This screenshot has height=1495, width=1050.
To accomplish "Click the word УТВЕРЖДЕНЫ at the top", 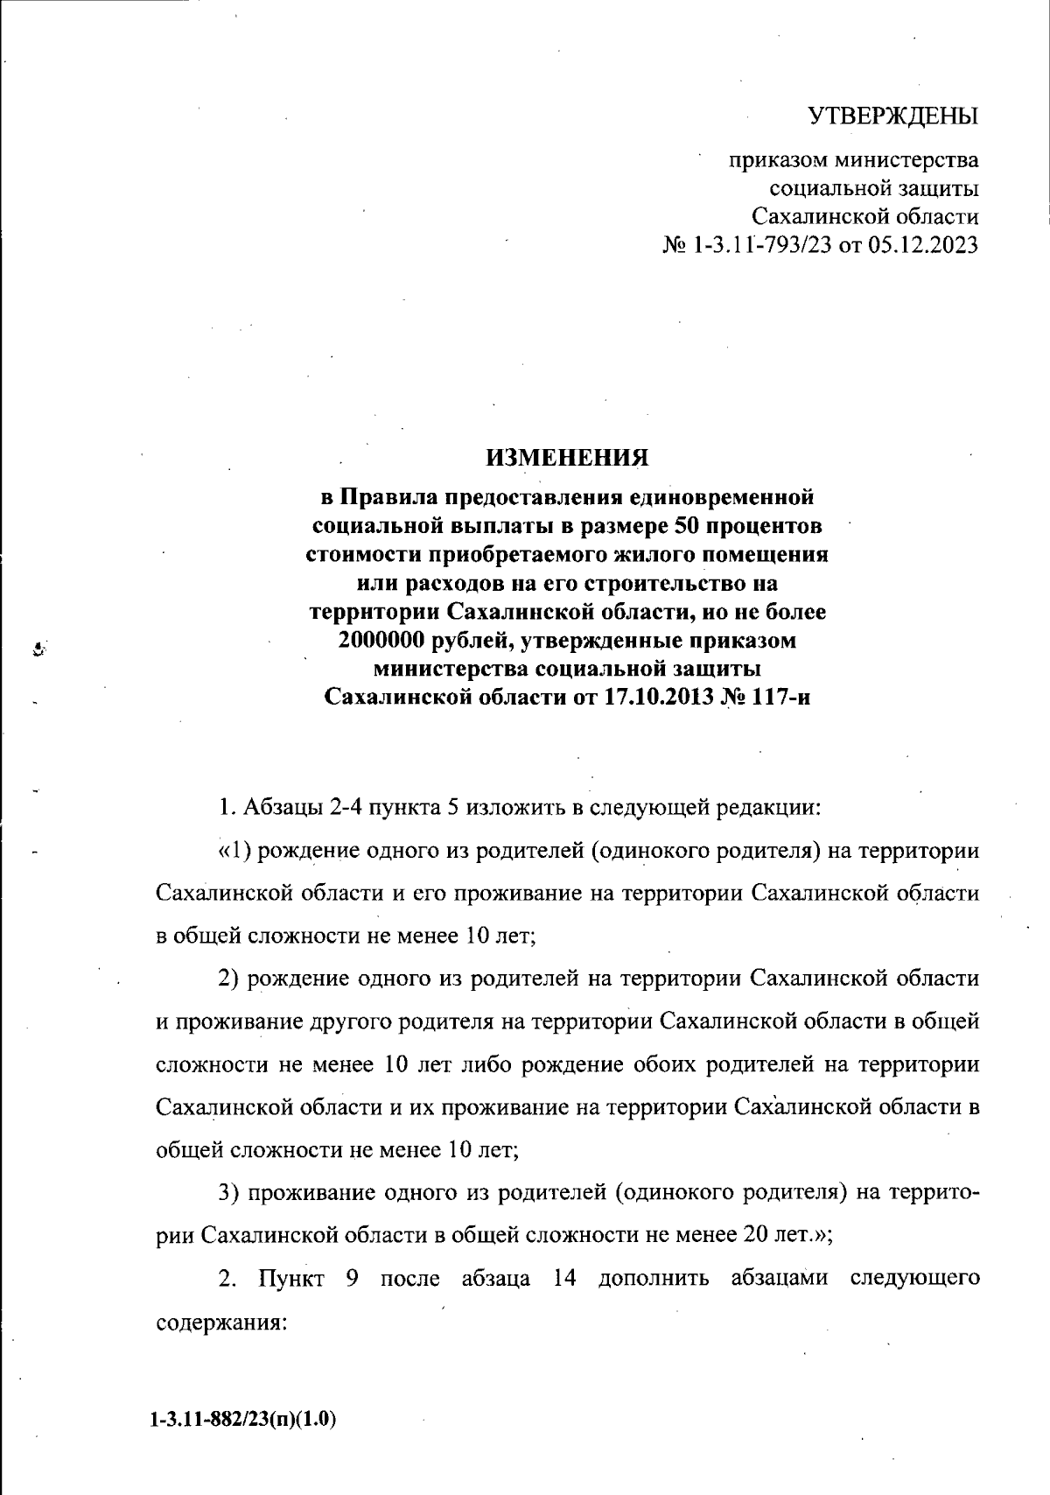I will pos(892,116).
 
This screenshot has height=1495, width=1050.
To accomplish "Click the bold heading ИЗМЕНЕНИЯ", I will pos(568,458).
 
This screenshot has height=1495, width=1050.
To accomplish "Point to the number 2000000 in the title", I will pos(381,641).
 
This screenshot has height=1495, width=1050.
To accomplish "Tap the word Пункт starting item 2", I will pos(291,1279).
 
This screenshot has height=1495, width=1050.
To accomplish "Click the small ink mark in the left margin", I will pos(38,649).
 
